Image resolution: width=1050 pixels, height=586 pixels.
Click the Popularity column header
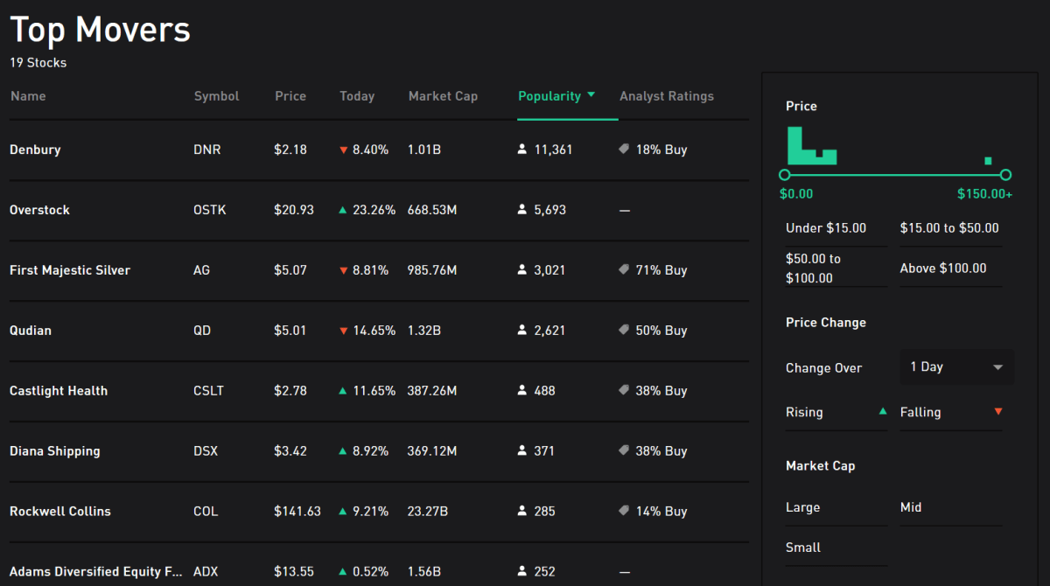pos(549,96)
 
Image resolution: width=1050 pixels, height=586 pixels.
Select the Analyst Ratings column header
pos(667,96)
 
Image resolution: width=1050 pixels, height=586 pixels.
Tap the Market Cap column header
pos(443,96)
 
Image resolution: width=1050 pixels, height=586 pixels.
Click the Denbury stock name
pos(35,150)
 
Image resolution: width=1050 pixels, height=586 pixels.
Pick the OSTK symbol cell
pos(210,210)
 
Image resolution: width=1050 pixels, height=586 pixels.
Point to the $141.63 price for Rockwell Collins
pos(297,512)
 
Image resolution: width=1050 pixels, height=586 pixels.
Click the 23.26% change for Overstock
pos(374,210)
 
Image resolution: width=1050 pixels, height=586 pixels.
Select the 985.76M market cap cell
pos(432,270)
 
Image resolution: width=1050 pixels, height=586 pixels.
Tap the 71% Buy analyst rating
pos(661,270)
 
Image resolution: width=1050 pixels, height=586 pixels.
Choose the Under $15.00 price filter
pos(826,228)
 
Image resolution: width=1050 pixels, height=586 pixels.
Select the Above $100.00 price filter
pos(943,269)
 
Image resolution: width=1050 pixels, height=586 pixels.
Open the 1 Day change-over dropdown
pos(956,367)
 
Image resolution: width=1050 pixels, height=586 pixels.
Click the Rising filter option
pos(804,412)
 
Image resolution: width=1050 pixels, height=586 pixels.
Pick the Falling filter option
pos(920,412)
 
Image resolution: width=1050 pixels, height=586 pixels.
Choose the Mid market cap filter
pos(911,507)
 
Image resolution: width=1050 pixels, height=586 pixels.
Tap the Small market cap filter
pos(803,548)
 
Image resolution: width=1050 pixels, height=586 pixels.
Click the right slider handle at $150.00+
pos(1005,175)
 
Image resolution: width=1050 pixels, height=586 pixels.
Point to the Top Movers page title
pos(100,30)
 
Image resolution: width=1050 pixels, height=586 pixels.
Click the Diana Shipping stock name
pos(55,451)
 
